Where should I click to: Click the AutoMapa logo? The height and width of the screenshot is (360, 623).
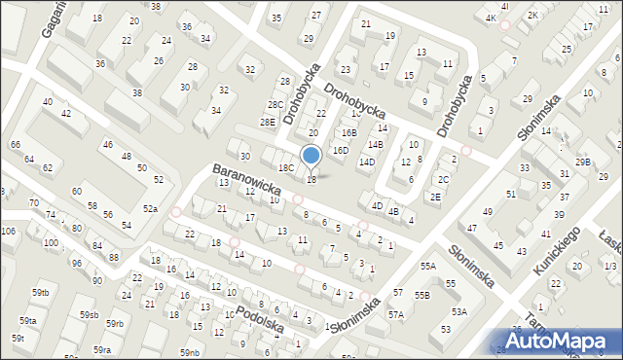pyautogui.click(x=560, y=341)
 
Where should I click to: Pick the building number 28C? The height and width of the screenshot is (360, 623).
pyautogui.click(x=275, y=104)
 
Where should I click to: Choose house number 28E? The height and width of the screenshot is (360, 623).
pyautogui.click(x=268, y=122)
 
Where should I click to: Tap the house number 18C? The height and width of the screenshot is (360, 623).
pyautogui.click(x=286, y=167)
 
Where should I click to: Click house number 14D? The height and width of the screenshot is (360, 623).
pyautogui.click(x=366, y=162)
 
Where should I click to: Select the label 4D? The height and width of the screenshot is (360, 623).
pyautogui.click(x=376, y=205)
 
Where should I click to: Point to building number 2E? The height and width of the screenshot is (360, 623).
pyautogui.click(x=436, y=197)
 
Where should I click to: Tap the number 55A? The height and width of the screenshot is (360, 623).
pyautogui.click(x=426, y=266)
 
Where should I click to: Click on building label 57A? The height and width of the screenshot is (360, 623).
pyautogui.click(x=396, y=314)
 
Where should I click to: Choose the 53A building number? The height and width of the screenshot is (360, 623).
pyautogui.click(x=458, y=311)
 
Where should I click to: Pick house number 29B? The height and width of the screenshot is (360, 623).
pyautogui.click(x=582, y=162)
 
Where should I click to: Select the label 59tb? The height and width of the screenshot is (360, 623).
pyautogui.click(x=40, y=293)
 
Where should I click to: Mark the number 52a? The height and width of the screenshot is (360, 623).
pyautogui.click(x=150, y=209)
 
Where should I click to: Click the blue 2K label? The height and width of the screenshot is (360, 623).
pyautogui.click(x=532, y=15)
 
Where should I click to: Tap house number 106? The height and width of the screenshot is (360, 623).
pyautogui.click(x=8, y=231)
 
